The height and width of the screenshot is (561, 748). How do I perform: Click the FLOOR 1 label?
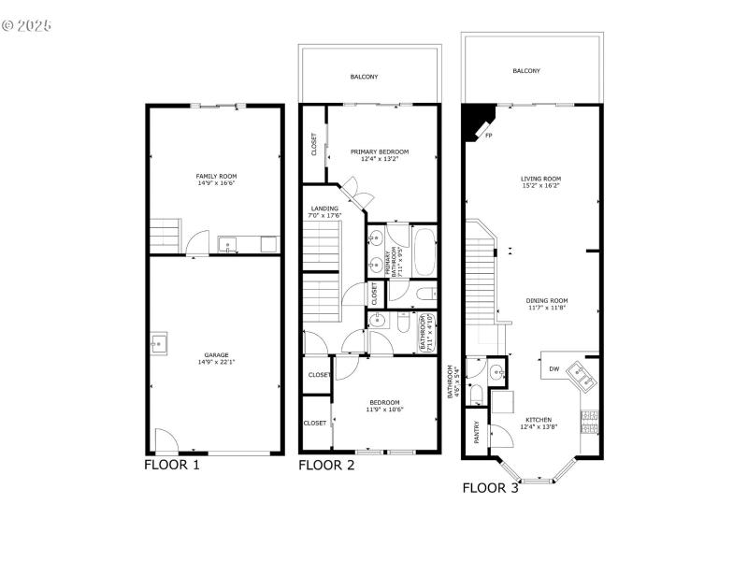click(171, 464)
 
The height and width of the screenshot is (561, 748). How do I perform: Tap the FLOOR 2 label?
click(325, 464)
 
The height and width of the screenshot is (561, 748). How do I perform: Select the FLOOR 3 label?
click(490, 487)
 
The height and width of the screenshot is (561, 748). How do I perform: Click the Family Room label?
click(216, 176)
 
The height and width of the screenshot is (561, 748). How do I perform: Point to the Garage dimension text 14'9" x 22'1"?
click(216, 362)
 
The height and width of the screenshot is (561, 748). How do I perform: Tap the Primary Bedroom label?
click(380, 151)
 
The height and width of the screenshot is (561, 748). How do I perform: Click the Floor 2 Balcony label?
click(365, 77)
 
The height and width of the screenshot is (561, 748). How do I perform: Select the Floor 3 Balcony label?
click(526, 71)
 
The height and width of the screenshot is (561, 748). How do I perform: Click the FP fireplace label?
click(488, 136)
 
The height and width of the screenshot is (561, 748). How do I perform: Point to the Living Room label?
click(540, 179)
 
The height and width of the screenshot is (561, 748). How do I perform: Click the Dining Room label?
click(547, 300)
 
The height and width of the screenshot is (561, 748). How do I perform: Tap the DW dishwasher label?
click(554, 368)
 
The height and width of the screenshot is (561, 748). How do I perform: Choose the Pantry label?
click(477, 432)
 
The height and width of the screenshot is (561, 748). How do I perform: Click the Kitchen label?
click(538, 420)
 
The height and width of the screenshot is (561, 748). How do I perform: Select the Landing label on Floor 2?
click(324, 209)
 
